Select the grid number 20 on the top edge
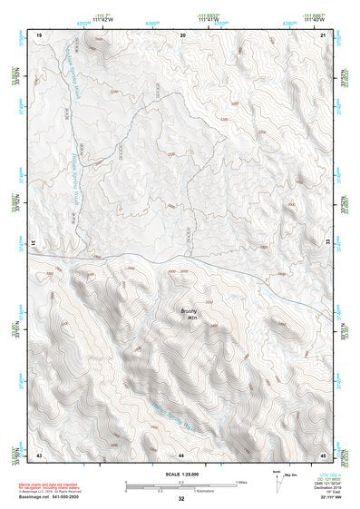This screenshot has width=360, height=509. (x=182, y=34)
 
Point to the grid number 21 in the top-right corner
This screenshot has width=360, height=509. (x=324, y=34)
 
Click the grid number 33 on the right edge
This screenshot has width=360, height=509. (x=327, y=243)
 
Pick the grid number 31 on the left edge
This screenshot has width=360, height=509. (x=35, y=243)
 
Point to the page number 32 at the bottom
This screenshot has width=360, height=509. (x=181, y=500)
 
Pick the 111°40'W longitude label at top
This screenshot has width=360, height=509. (x=315, y=17)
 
